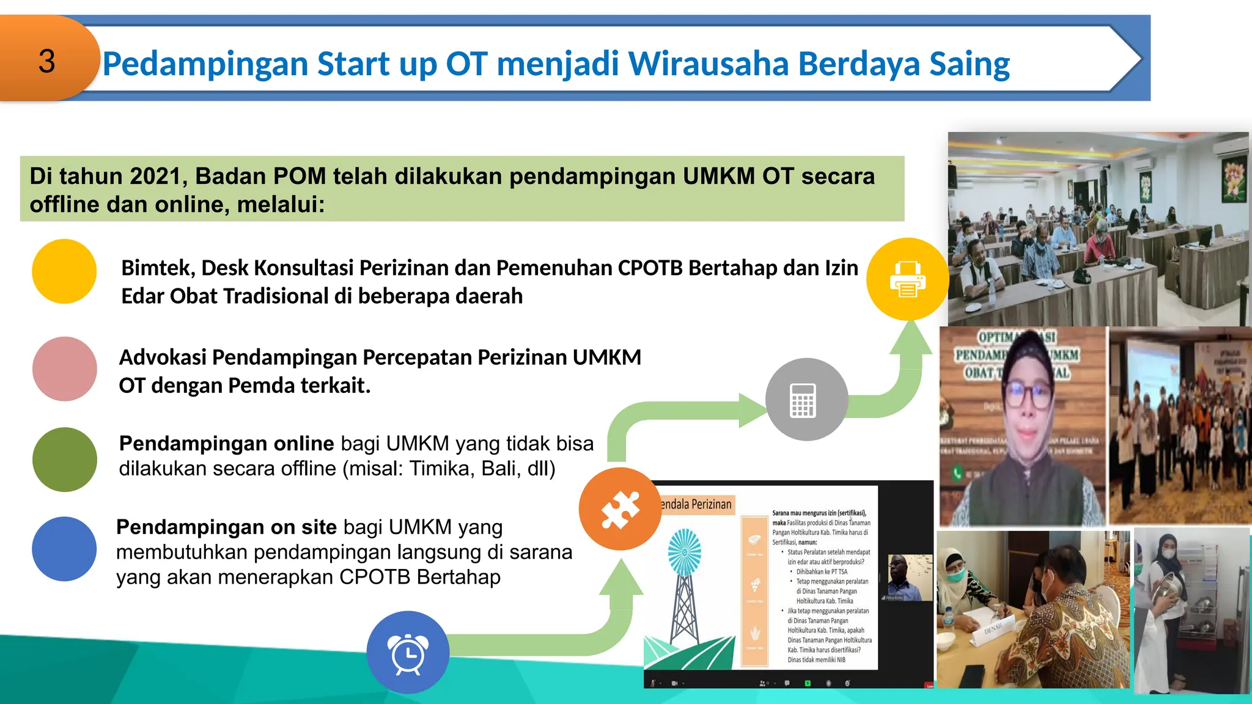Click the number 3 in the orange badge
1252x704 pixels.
[46, 62]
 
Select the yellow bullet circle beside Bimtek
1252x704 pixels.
[64, 271]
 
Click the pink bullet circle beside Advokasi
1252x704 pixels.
[64, 369]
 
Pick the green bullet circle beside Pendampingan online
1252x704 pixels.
[64, 460]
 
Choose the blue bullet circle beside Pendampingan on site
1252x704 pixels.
[64, 549]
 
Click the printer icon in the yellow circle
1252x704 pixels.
[908, 279]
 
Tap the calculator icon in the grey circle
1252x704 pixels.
[803, 400]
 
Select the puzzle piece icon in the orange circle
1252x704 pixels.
[620, 509]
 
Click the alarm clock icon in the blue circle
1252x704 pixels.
[408, 654]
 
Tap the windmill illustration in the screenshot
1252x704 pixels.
[685, 587]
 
